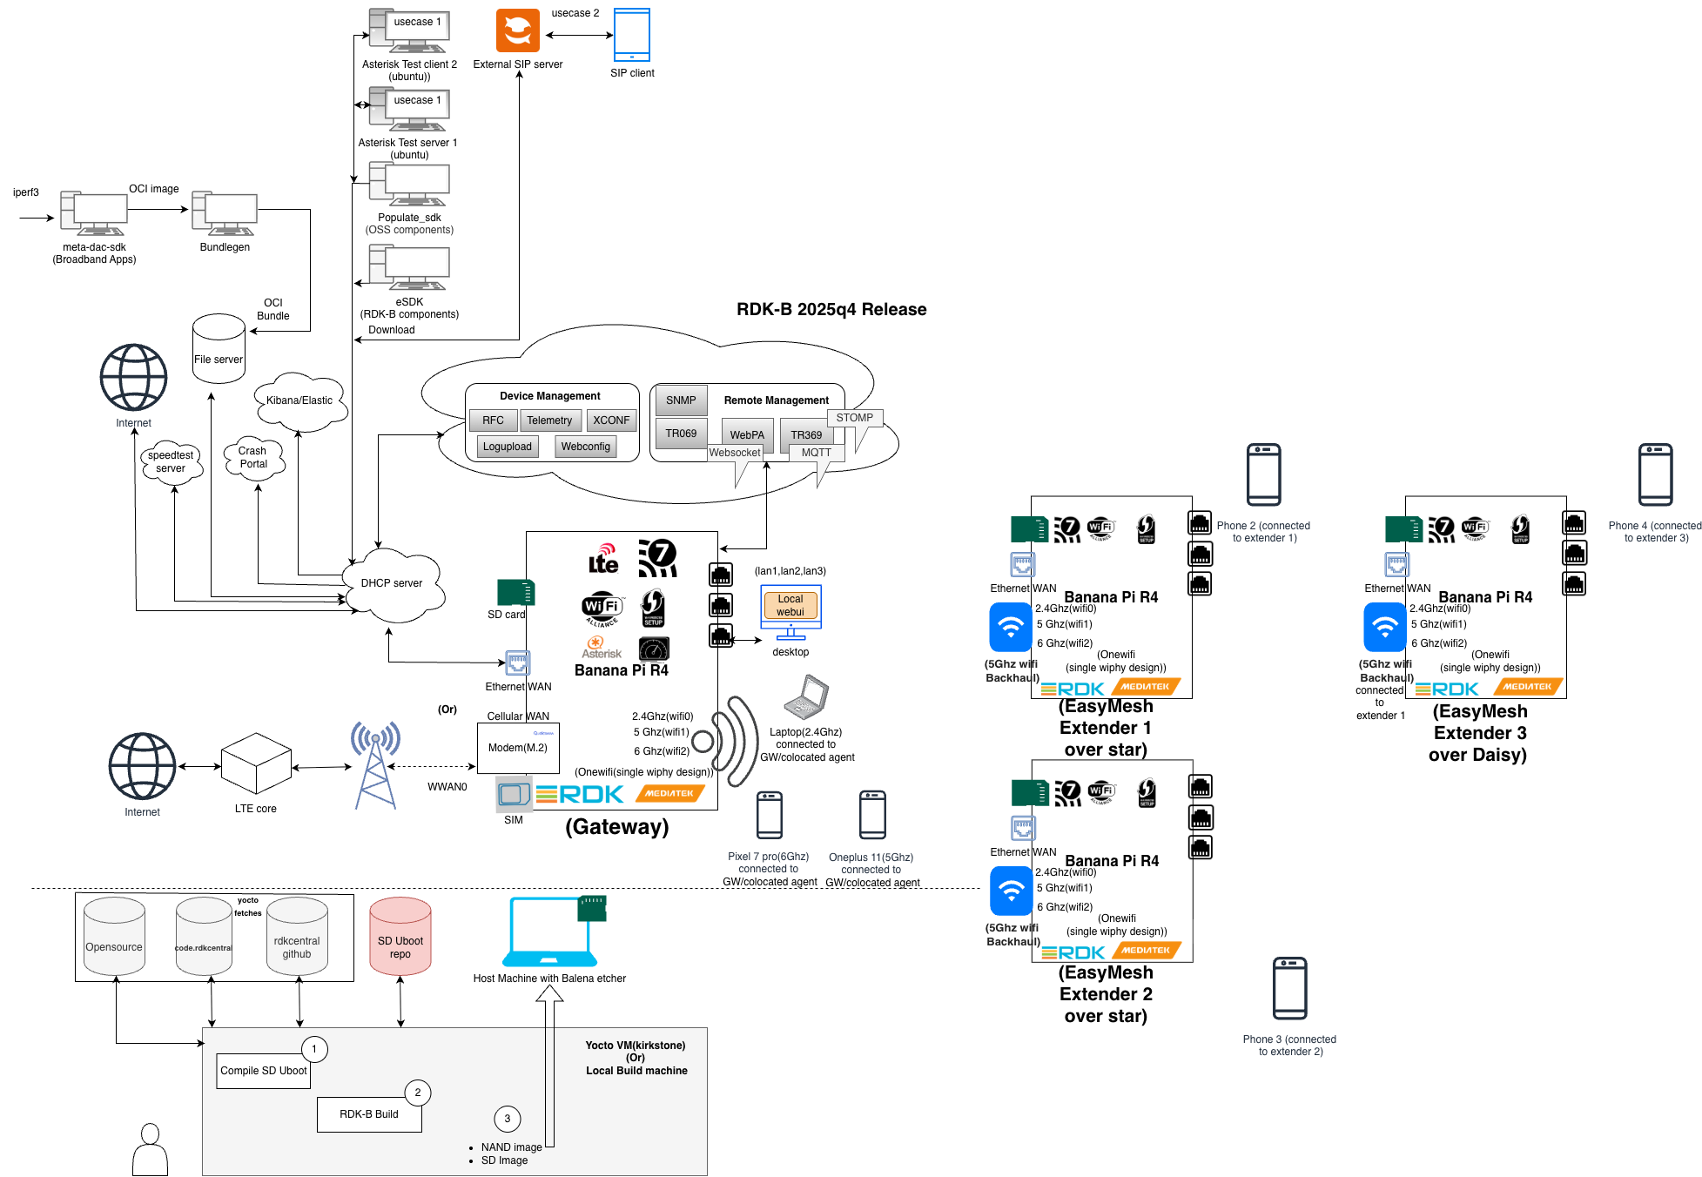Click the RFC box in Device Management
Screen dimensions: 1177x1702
coord(493,420)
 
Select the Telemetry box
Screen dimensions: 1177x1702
coord(549,420)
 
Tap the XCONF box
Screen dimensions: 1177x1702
coord(611,420)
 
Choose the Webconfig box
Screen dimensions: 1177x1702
coord(585,447)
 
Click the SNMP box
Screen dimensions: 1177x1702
coord(681,400)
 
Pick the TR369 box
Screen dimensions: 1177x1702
coord(806,434)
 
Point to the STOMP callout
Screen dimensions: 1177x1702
coord(855,418)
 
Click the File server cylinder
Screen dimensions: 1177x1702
coord(219,349)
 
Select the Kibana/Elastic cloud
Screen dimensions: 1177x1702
coord(299,400)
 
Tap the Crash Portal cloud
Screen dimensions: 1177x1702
coord(252,458)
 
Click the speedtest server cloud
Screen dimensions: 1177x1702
coord(171,462)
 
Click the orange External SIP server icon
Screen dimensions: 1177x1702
coord(518,30)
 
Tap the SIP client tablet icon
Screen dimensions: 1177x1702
coord(632,34)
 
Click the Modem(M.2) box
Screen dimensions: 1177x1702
coord(518,748)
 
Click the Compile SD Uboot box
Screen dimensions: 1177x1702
coord(264,1071)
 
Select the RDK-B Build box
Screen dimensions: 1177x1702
coord(369,1114)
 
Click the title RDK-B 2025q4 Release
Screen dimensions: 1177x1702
coord(831,309)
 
